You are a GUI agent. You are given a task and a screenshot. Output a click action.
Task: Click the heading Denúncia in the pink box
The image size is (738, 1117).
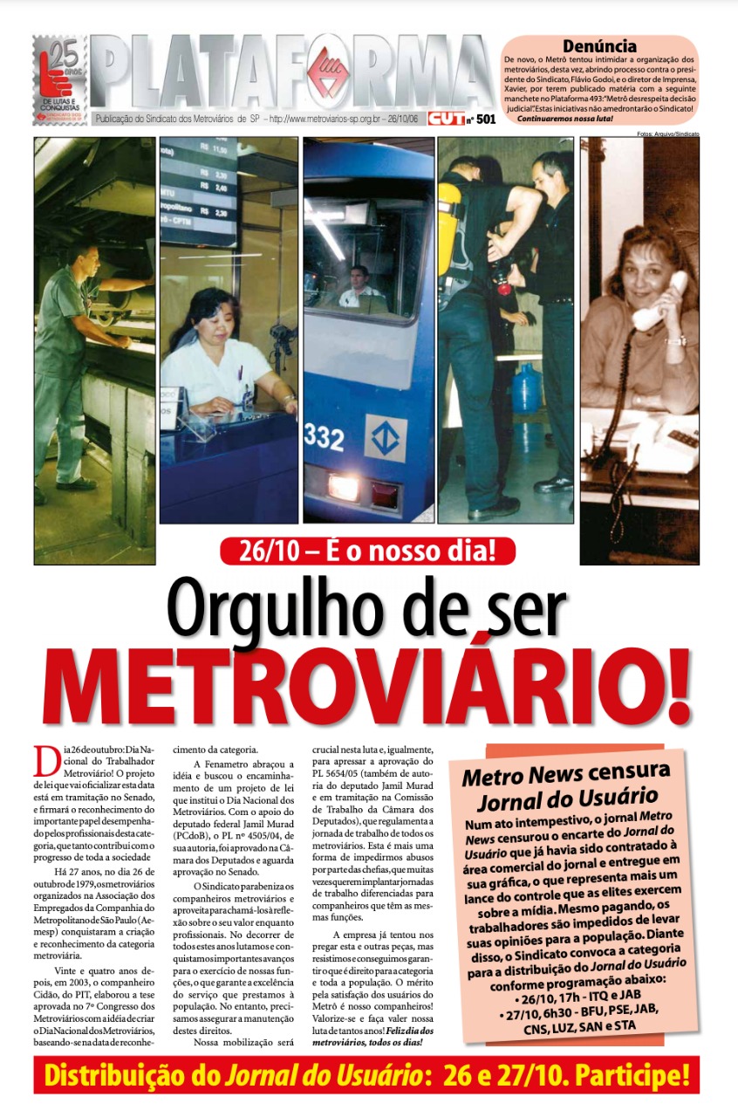[599, 45]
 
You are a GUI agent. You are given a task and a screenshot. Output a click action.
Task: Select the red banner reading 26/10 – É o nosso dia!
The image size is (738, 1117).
[367, 551]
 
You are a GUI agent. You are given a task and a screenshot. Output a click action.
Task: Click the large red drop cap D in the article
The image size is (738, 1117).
[46, 761]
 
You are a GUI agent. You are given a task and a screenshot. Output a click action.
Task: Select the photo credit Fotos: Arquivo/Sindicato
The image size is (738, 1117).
[668, 134]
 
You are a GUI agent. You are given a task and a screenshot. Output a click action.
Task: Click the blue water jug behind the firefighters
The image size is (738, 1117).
[529, 390]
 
